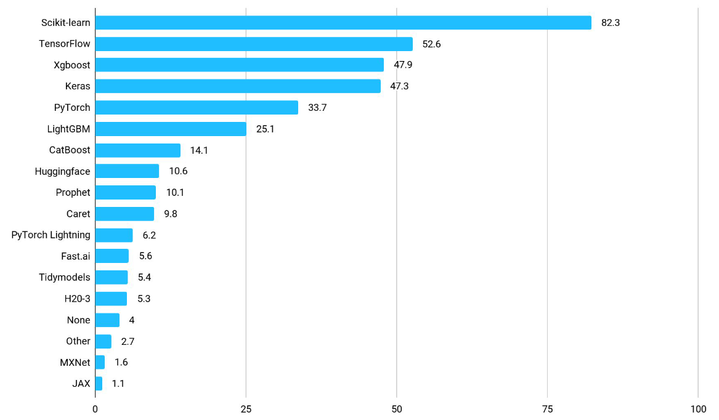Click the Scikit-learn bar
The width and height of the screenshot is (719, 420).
pos(343,23)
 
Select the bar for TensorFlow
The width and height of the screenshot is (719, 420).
pos(254,44)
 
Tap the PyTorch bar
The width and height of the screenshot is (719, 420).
pos(197,108)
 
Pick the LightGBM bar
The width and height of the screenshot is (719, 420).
pos(171,129)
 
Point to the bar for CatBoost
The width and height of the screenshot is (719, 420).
pos(138,150)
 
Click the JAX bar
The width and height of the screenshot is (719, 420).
pos(99,384)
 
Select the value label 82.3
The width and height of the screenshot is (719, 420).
pos(610,23)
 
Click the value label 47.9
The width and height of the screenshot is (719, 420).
pos(404,65)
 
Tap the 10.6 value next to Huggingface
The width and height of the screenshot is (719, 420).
pos(178,171)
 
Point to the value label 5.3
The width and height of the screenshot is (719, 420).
pos(144,299)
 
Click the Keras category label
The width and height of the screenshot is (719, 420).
pos(78,86)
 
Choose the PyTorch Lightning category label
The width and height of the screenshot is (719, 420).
pos(51,235)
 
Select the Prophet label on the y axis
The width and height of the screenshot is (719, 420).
pos(73,193)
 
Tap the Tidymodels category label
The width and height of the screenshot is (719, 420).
pos(64,277)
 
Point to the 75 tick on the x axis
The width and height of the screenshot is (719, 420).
pos(547,410)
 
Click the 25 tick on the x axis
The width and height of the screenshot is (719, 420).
pos(246,410)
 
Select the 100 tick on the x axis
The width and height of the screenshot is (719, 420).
pos(697,410)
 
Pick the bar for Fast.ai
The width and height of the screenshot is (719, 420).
pos(112,256)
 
